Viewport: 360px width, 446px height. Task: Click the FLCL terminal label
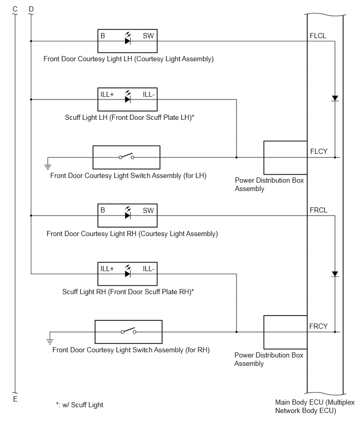click(318, 36)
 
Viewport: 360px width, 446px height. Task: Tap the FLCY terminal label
click(319, 151)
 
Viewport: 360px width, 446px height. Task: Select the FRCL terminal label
click(319, 210)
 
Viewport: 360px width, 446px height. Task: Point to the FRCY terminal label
click(318, 326)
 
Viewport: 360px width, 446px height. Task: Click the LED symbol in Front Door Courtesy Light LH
click(128, 38)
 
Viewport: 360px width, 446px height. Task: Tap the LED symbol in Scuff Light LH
click(128, 97)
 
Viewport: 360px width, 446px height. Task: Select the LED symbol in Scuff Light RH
click(128, 271)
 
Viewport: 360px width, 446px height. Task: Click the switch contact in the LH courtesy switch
click(126, 156)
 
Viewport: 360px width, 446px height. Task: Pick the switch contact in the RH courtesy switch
click(129, 330)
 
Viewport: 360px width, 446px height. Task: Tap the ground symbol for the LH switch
click(48, 167)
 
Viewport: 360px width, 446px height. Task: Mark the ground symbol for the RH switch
click(50, 341)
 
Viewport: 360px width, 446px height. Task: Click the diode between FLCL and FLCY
click(335, 98)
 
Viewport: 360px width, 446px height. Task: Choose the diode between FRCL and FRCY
click(335, 274)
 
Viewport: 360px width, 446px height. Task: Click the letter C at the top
click(15, 9)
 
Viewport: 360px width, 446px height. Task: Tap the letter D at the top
click(31, 9)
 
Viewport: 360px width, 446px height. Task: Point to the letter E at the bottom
click(15, 399)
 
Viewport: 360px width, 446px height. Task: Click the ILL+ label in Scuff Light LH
click(107, 94)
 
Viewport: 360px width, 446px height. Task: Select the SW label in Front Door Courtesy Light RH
click(148, 210)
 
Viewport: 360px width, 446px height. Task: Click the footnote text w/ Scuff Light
click(83, 405)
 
